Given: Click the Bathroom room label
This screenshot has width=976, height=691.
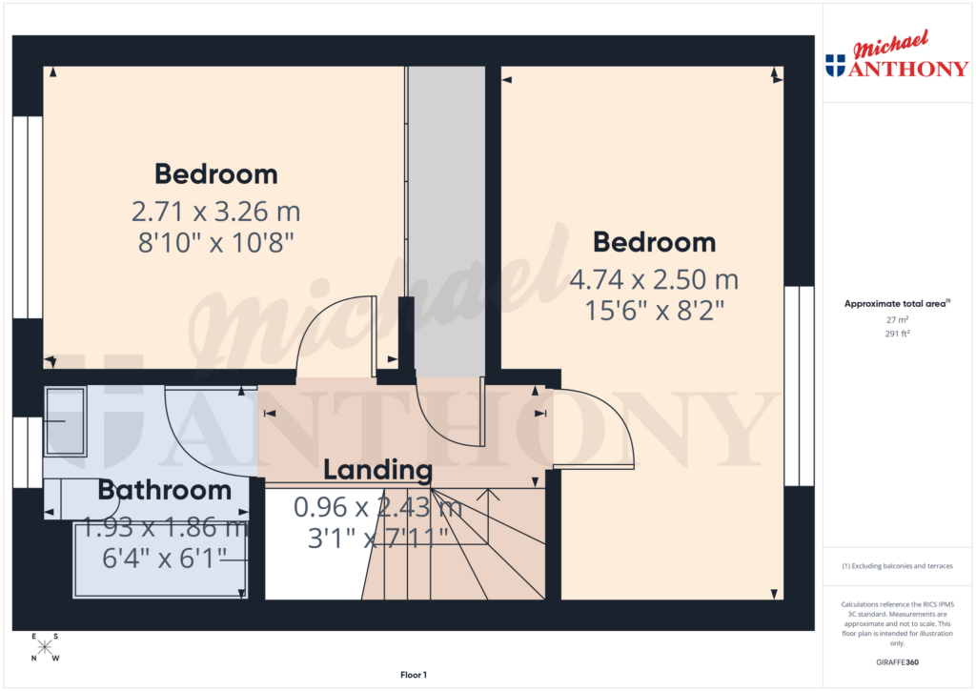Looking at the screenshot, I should click(x=165, y=491).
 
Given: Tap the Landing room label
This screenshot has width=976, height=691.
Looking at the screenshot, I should click(x=377, y=470).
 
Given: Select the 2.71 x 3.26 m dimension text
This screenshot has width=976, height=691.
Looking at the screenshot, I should click(x=216, y=210).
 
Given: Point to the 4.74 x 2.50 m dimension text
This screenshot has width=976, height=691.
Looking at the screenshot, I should click(x=654, y=280).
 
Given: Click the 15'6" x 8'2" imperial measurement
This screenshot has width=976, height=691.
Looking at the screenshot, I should click(x=654, y=312).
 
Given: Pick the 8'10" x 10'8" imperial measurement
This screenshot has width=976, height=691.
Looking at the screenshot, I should click(x=216, y=242).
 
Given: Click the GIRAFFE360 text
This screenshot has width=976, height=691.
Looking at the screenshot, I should click(x=897, y=661).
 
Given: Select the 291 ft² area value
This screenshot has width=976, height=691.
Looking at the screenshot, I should click(x=897, y=335).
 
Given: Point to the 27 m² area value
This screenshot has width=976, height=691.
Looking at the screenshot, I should click(x=897, y=320).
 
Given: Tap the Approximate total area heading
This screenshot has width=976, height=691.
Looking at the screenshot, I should click(x=896, y=304).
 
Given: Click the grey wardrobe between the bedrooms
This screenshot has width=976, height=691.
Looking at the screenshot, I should click(x=446, y=219).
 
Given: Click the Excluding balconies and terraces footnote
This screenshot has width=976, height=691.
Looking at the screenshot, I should click(x=897, y=566).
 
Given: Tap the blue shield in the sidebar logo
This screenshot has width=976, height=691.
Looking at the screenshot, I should click(x=835, y=65).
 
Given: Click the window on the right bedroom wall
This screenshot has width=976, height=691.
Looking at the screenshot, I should click(x=799, y=386).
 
